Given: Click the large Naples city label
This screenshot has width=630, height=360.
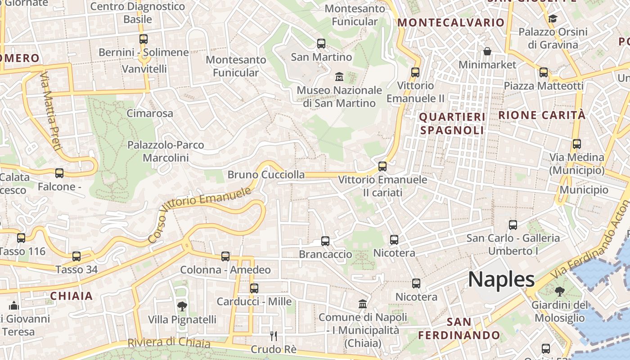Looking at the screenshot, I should (x=501, y=279).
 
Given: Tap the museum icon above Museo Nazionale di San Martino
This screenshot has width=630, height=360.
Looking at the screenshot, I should (x=339, y=76).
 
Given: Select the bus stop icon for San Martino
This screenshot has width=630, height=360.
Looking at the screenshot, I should (x=321, y=44).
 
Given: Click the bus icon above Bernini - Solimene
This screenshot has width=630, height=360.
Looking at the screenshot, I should (x=143, y=39).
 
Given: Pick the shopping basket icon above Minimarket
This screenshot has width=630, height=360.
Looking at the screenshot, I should (x=487, y=51).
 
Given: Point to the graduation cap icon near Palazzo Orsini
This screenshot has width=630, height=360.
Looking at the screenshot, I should (x=553, y=18).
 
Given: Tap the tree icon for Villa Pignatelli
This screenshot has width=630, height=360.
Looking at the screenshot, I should (x=182, y=306).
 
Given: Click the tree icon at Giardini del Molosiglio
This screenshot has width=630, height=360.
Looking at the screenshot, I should (x=560, y=291).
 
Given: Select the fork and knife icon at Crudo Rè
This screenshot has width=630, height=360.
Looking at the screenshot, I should (x=273, y=336).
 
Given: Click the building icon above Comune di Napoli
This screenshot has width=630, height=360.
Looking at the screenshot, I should (x=363, y=304).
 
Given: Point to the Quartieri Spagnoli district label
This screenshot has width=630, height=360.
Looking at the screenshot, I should (x=452, y=124).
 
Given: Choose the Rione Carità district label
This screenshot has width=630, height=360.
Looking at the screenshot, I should (x=542, y=115).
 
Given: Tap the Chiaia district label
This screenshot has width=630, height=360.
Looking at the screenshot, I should (x=72, y=296).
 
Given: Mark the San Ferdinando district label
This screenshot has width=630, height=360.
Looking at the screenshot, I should (x=459, y=329).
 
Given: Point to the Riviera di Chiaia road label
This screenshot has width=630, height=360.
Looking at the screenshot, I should (x=169, y=342).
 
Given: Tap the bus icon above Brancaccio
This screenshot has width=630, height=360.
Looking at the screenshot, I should (x=325, y=241).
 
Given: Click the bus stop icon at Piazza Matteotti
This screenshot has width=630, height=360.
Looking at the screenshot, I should (x=544, y=72).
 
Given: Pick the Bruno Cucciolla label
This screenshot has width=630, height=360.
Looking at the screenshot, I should (x=266, y=175).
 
